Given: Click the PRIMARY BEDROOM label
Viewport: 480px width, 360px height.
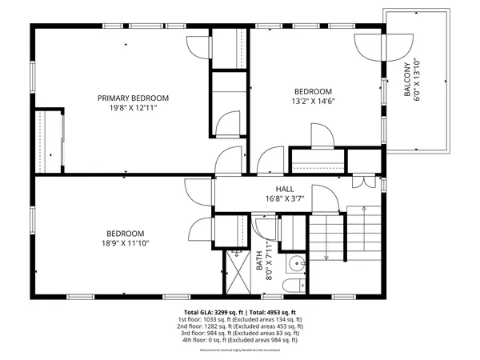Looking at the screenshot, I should point(133,98).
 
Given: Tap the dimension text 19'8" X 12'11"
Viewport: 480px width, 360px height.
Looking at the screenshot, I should point(133,107).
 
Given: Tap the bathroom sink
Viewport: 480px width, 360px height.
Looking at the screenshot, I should point(296,262).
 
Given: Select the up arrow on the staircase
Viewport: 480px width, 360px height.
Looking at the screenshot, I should point(327,255).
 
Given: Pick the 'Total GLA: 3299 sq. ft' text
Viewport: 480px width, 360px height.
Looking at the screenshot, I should point(211,311).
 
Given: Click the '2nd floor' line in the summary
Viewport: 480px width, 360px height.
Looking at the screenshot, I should point(240,326).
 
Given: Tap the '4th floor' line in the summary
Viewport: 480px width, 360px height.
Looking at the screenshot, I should point(240,339).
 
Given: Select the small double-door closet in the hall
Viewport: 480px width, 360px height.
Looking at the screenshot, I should point(365,180).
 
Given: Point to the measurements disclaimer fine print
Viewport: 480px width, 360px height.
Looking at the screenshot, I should point(240,349).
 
